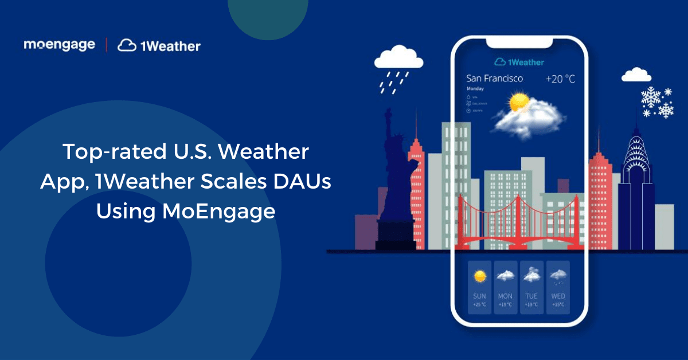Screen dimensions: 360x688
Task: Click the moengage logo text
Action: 59,45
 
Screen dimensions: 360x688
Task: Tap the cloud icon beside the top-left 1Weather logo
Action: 127,45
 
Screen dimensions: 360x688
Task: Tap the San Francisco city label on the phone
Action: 494,78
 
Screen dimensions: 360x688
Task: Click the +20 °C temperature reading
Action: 560,79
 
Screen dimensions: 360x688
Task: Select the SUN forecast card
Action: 479,286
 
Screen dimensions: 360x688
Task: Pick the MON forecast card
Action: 505,286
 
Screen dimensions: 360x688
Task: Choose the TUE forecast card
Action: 531,286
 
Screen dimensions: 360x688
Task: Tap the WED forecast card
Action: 558,286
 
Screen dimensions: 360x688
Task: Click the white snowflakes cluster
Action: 657,102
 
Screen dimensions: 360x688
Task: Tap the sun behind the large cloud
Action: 519,102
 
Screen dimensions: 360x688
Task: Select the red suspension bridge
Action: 519,224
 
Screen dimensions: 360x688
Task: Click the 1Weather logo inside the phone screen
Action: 519,61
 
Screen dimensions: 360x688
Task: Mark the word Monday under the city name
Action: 475,89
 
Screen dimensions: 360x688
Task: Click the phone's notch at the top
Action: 519,43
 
